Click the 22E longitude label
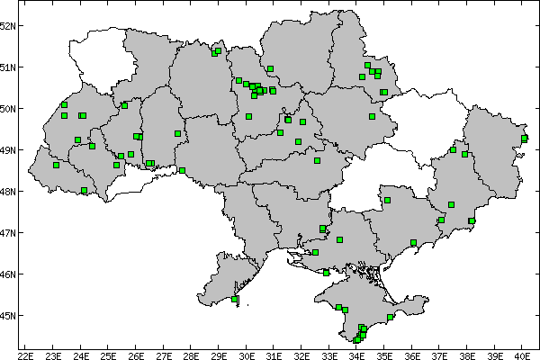pos(25,343)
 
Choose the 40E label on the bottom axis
pos(523,343)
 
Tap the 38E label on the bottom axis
pos(467,343)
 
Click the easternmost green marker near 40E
pos(524,138)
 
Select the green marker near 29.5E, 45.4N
pos(235,299)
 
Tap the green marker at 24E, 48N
pos(84,191)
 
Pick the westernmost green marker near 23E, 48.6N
pos(56,165)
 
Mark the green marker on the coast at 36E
pos(413,243)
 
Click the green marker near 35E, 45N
pos(390,317)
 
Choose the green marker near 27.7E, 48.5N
pos(182,170)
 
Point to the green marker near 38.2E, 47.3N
pos(472,220)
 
